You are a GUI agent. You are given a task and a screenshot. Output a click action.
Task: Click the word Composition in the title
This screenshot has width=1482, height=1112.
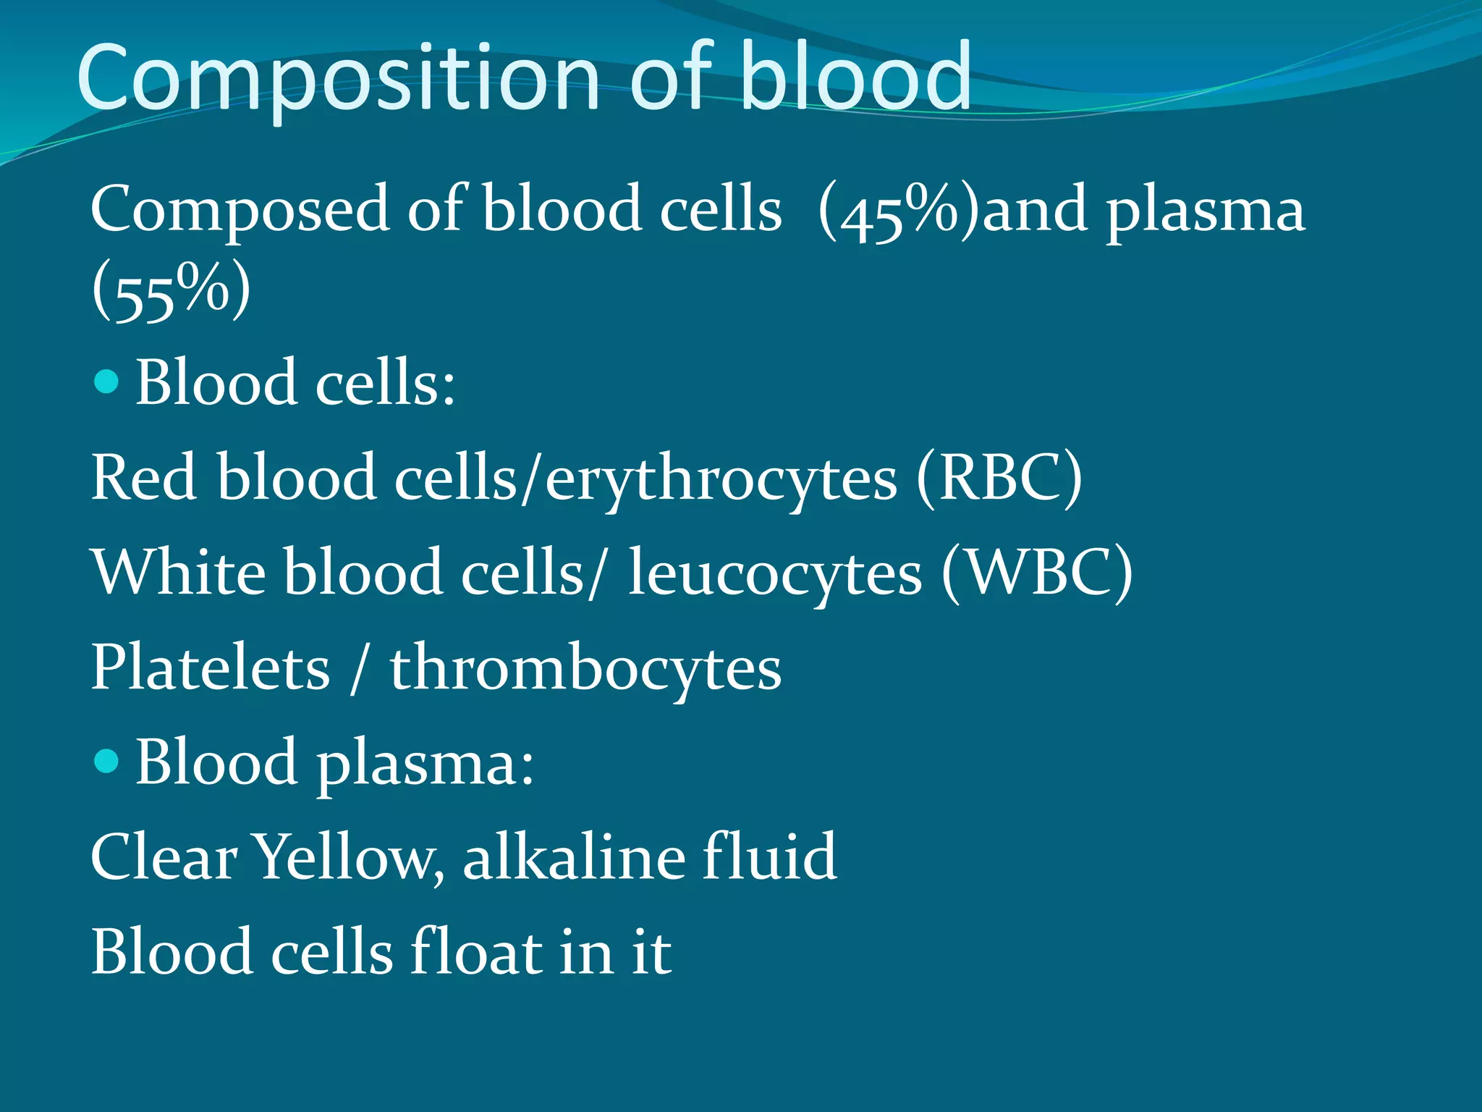tap(337, 78)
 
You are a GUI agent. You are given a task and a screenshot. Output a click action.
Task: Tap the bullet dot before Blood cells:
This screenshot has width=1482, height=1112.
tap(106, 381)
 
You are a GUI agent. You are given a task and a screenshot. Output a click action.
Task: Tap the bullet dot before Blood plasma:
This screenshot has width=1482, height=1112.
tap(106, 761)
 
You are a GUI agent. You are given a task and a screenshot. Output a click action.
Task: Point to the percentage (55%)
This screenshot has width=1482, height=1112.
tap(171, 292)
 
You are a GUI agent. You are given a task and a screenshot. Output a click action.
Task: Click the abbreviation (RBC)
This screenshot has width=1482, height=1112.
tap(999, 478)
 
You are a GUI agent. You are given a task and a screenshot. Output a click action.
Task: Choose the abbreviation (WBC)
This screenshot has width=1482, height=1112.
tap(1037, 573)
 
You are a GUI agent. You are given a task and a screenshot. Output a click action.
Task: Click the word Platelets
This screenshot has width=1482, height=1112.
tap(210, 667)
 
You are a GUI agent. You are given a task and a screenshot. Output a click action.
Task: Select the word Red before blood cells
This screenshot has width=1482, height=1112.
tap(143, 478)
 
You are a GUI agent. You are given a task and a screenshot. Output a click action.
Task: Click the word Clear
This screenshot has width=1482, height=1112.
tap(164, 857)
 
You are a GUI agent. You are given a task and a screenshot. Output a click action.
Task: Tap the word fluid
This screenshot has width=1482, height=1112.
tap(769, 857)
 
